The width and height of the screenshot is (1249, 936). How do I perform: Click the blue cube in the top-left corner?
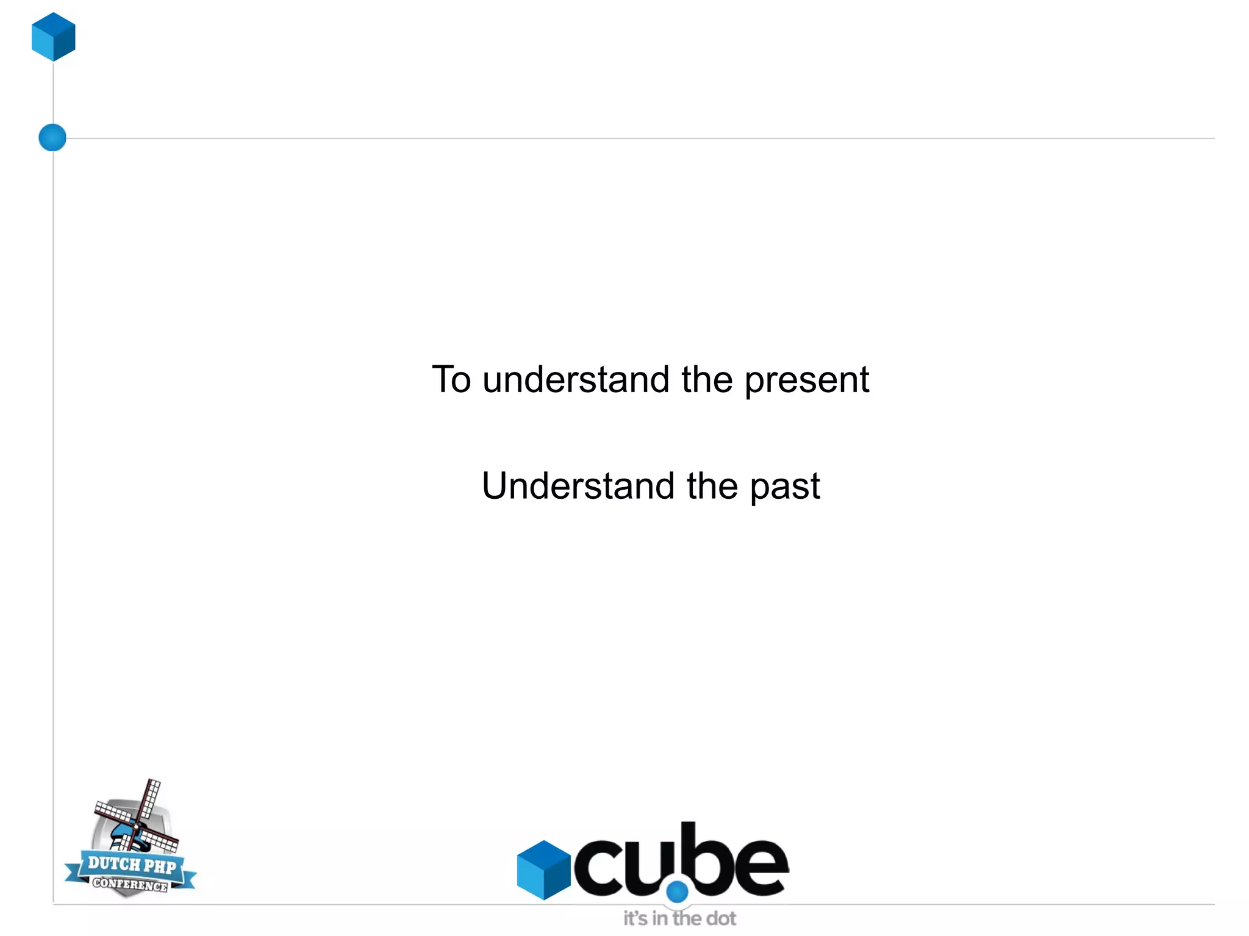(54, 37)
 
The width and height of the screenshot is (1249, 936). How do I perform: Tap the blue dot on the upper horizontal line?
(52, 137)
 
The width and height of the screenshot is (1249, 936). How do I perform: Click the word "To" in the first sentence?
(451, 379)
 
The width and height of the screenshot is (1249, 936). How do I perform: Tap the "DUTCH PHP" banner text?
(132, 865)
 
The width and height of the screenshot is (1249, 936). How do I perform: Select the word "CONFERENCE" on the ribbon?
(130, 884)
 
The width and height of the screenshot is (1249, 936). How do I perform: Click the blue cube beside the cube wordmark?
(543, 870)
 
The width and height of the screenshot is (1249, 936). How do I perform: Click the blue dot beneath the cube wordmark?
(677, 892)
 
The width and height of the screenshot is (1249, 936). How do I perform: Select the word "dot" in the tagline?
(721, 918)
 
